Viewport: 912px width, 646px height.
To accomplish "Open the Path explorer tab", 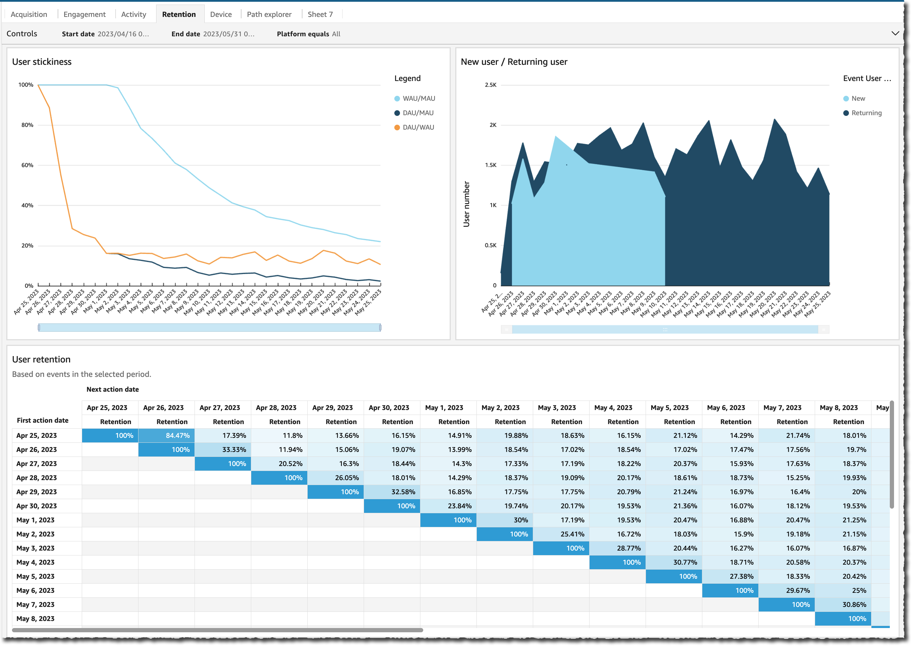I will (x=269, y=14).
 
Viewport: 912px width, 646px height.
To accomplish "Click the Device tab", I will (x=221, y=14).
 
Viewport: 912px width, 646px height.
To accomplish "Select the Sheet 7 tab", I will (x=320, y=14).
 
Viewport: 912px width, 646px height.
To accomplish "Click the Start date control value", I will (x=123, y=34).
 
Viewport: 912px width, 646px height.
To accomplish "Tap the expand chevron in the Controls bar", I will (x=895, y=33).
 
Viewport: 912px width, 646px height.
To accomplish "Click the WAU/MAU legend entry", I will (x=418, y=98).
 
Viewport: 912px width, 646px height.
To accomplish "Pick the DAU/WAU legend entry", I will (x=418, y=127).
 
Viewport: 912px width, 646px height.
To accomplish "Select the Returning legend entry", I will (x=866, y=113).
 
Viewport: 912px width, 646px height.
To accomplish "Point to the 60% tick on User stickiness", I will (x=27, y=165).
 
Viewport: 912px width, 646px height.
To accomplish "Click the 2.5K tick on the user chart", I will (x=490, y=85).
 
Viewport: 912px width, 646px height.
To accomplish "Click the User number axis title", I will (x=466, y=204).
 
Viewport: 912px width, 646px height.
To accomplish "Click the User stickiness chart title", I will (x=42, y=62).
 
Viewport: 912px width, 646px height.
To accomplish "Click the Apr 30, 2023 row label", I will (x=37, y=506).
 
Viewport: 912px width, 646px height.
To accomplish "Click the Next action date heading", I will (x=113, y=390).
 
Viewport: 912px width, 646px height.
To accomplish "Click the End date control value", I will (x=228, y=34).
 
